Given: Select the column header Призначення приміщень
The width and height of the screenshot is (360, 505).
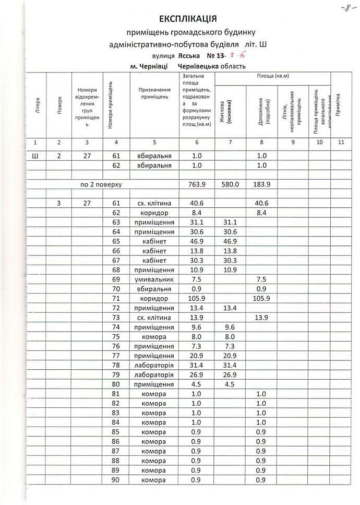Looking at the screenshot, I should pos(154,93).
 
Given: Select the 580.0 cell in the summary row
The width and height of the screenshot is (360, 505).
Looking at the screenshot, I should pos(229,184).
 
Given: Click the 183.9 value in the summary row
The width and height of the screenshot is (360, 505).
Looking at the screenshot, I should pos(261,184).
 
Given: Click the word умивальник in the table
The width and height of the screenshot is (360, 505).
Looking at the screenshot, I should pos(154,279).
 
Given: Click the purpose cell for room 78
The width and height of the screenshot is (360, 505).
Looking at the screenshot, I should pos(154,365).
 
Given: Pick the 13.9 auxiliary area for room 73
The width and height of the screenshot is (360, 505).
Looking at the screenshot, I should pos(261,318).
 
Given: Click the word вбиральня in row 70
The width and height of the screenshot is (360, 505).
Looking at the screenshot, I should pos(154,289).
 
